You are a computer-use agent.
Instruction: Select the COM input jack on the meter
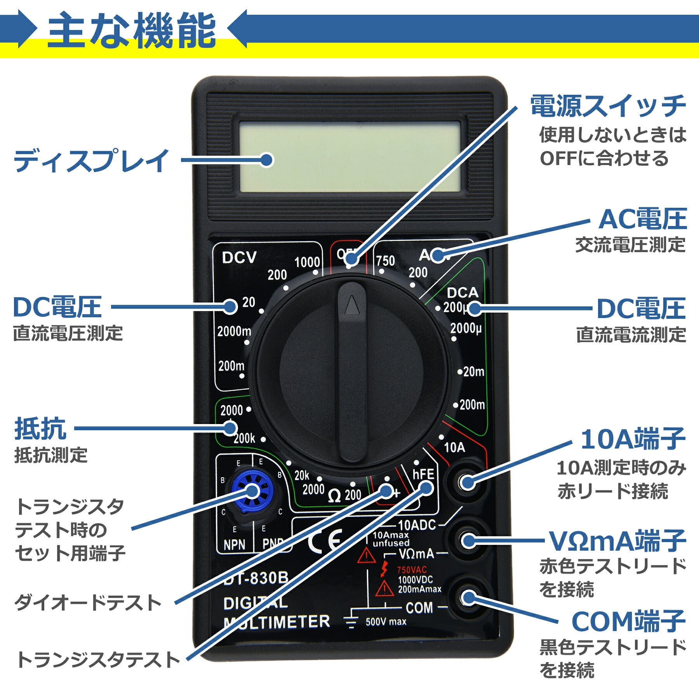469,598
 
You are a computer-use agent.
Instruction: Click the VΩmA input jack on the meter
468,540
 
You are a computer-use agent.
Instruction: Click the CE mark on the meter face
325,541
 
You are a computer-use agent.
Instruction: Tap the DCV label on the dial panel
239,257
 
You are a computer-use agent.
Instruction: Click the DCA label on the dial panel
462,292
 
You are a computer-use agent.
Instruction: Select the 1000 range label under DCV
307,263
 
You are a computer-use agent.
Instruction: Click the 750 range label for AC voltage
385,261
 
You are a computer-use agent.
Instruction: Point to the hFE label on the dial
423,474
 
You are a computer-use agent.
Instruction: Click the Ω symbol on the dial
334,496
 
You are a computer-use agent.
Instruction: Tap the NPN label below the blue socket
234,544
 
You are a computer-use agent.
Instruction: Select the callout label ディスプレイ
91,160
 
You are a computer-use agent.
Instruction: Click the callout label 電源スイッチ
608,106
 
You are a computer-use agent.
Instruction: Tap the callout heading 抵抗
40,429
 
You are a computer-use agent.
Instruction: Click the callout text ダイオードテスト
88,603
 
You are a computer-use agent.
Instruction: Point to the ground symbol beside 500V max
351,621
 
